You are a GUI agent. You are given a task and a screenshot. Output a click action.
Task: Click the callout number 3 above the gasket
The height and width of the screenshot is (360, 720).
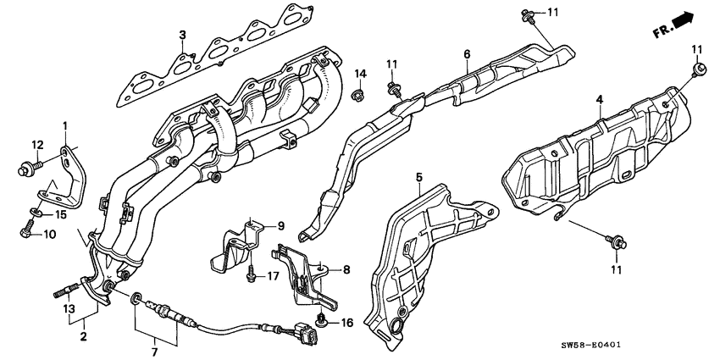pyautogui.click(x=182, y=34)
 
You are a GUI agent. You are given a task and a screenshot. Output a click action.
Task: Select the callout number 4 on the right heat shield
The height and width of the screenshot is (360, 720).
pyautogui.click(x=598, y=100)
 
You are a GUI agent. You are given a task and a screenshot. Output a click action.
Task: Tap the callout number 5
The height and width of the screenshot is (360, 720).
pyautogui.click(x=418, y=178)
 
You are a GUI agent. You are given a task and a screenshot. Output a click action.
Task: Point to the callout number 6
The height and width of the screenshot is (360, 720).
pyautogui.click(x=466, y=55)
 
